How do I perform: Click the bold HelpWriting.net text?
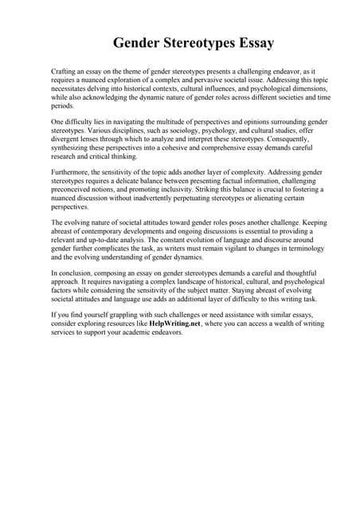pos(174,324)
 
